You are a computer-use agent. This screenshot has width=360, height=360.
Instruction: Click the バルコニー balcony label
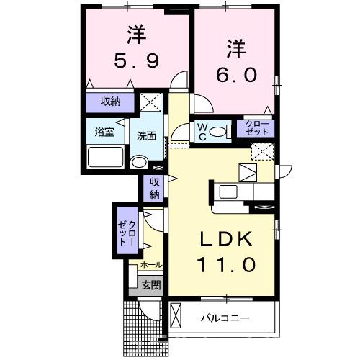224,317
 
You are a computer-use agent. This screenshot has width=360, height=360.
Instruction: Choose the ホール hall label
151,266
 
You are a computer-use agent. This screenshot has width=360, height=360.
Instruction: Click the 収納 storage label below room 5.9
110,101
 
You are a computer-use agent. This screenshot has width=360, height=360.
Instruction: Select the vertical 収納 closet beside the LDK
154,188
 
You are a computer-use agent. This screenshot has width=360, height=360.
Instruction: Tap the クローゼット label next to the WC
256,129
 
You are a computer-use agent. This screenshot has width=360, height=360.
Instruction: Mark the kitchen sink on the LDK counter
228,191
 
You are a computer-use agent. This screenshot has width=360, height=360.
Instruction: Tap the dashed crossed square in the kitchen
261,151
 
